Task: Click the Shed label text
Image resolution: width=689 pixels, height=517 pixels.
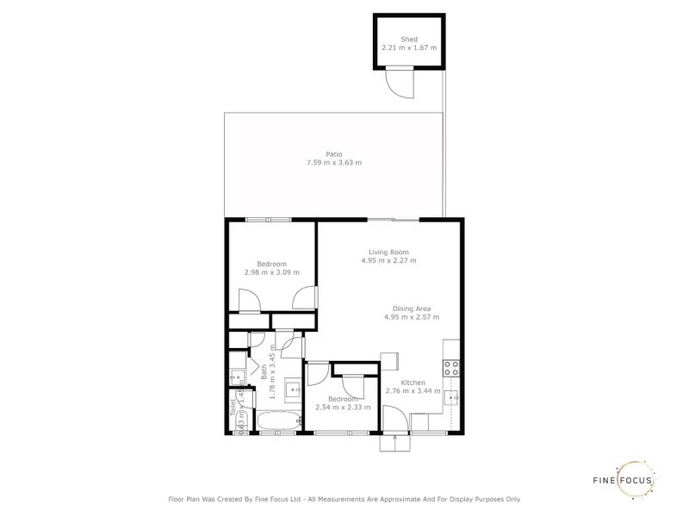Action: [409, 39]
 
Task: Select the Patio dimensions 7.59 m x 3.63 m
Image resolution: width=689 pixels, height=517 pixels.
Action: [334, 163]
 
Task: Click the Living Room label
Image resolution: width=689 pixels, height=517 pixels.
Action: [388, 252]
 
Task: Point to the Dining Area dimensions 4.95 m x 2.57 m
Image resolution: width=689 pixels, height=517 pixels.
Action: [412, 317]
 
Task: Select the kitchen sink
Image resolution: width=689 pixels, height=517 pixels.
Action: [450, 397]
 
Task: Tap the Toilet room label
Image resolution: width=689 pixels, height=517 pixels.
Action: [233, 408]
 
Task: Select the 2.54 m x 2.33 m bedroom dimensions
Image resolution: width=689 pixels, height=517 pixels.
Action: [343, 408]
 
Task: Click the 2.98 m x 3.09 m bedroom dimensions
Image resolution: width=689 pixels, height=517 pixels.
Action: [271, 273]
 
